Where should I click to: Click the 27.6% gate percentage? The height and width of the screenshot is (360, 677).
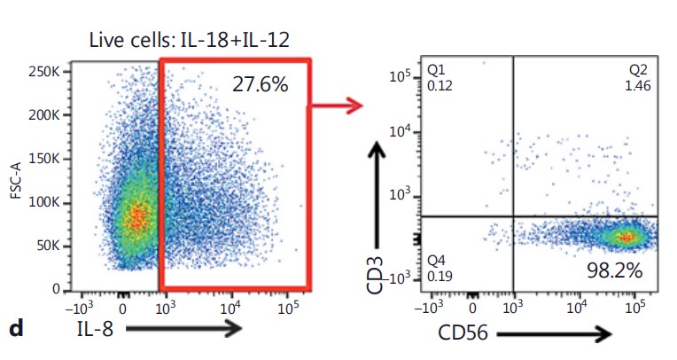[260, 84]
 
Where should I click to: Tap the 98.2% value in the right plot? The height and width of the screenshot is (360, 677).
[614, 270]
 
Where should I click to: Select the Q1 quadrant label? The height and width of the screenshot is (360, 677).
[436, 69]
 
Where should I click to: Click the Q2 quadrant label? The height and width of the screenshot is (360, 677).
[638, 69]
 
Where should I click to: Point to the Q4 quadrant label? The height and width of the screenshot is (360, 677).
[436, 261]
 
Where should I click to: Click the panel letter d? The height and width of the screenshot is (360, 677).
[17, 328]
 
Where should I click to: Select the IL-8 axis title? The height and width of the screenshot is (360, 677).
[95, 329]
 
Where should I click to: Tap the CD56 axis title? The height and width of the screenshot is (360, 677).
[463, 333]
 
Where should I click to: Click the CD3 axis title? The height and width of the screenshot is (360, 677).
[375, 275]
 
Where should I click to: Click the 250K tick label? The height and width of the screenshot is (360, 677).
[44, 71]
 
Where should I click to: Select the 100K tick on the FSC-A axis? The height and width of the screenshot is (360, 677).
[44, 202]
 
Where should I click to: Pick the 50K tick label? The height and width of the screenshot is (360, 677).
[49, 246]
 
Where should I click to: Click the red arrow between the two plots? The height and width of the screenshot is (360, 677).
[337, 105]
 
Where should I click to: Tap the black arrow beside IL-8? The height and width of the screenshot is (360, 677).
[183, 328]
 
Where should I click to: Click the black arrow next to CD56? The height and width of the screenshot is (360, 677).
[554, 333]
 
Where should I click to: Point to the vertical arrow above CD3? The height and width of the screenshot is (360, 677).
[377, 195]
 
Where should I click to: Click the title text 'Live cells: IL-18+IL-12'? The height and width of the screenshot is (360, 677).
[189, 40]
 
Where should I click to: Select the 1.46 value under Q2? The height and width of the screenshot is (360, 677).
[638, 86]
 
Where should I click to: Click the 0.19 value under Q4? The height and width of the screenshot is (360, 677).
[440, 276]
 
